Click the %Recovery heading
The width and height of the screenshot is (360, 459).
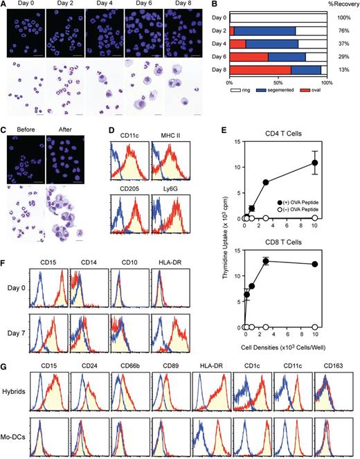[x=339, y=6]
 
